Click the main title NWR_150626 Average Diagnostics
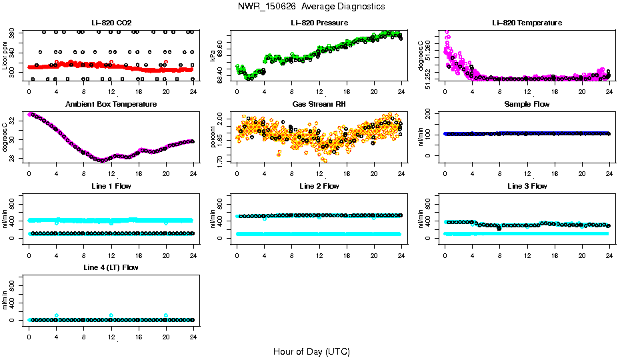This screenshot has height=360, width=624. click(x=311, y=7)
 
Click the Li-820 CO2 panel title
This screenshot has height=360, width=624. click(x=111, y=23)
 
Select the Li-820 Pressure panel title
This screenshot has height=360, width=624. click(x=319, y=23)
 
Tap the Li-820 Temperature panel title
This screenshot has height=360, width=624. click(x=527, y=23)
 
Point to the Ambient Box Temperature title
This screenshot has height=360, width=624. click(x=111, y=105)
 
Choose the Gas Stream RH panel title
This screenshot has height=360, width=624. click(x=319, y=105)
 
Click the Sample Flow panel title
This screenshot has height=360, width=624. click(x=527, y=105)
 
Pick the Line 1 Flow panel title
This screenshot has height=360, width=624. click(x=111, y=186)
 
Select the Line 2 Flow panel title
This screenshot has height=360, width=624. click(x=319, y=186)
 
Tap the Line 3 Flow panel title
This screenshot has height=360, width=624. click(x=527, y=186)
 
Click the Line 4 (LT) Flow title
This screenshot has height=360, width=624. click(x=111, y=267)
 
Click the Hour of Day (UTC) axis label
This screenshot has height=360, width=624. click(x=311, y=351)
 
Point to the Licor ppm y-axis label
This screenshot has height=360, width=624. click(x=5, y=56)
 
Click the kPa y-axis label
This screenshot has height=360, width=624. click(x=213, y=56)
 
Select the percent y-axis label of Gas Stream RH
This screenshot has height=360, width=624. click(x=213, y=137)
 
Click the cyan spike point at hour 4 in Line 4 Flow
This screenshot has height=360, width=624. click(x=57, y=315)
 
